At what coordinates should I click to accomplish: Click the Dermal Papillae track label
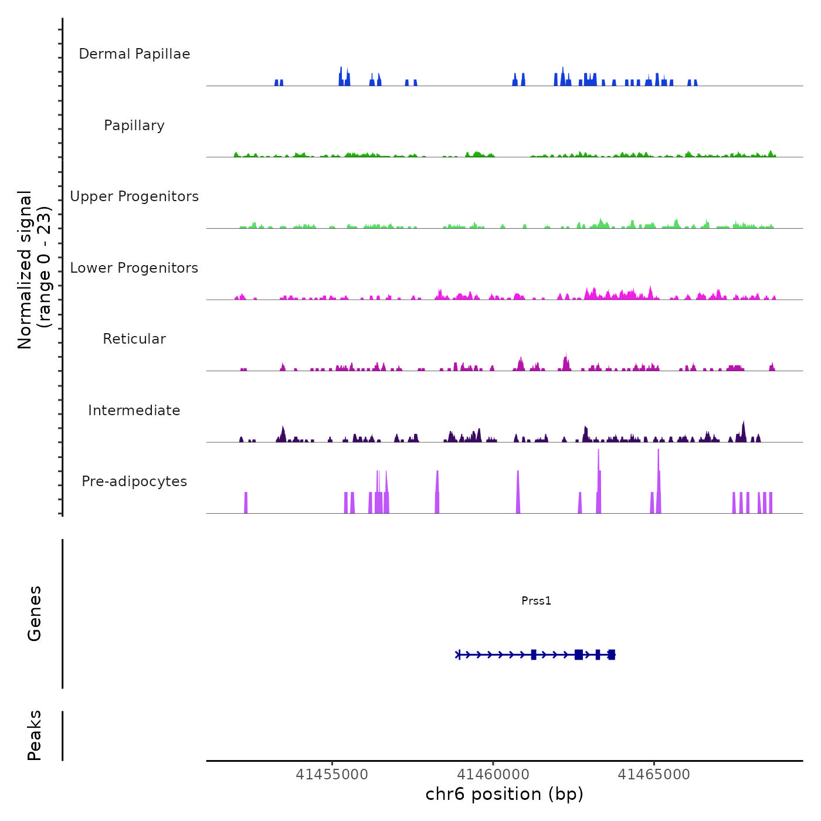[x=134, y=54]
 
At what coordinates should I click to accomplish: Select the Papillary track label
[x=134, y=125]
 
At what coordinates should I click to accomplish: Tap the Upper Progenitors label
[x=134, y=196]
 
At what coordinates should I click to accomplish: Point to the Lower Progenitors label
[x=134, y=268]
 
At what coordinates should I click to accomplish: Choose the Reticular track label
[x=134, y=339]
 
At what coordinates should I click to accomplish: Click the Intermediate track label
[x=134, y=410]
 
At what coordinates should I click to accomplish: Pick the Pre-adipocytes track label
[x=134, y=481]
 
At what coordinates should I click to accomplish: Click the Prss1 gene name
[x=536, y=601]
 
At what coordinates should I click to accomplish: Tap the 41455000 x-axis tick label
[x=332, y=775]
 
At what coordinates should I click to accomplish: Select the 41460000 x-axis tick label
[x=493, y=775]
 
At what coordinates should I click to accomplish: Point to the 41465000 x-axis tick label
[x=654, y=775]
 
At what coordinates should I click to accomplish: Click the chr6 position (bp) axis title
[x=504, y=794]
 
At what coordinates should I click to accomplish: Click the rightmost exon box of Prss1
[x=612, y=654]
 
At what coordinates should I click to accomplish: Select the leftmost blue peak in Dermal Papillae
[x=276, y=83]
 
